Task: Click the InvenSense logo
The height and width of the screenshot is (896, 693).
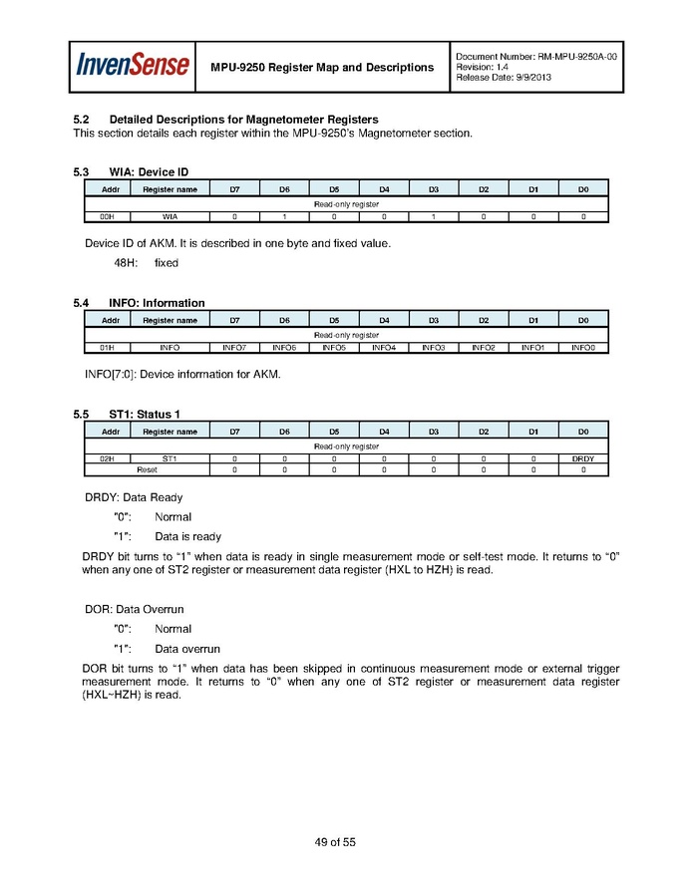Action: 134,66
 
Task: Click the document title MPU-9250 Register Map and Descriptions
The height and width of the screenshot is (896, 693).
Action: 322,67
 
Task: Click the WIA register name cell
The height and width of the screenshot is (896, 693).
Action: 170,215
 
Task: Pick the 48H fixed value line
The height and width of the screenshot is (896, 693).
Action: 146,263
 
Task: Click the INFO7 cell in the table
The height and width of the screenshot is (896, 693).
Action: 234,347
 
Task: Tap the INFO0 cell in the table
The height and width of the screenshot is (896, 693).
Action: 583,347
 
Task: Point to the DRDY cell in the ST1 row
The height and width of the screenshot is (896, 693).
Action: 583,458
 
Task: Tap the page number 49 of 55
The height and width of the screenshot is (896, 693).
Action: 335,842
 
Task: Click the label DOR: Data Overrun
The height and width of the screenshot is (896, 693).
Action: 134,609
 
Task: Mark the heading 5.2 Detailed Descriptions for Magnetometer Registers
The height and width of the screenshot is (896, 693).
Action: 225,120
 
